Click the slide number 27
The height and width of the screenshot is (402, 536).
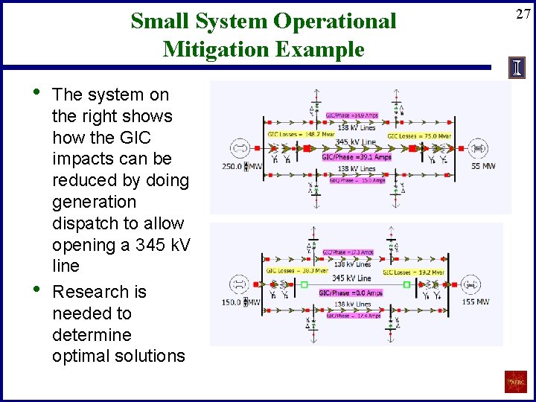coord(522,13)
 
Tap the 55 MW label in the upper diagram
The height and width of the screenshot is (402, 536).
coord(483,166)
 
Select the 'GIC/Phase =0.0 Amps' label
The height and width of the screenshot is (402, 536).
coord(351,293)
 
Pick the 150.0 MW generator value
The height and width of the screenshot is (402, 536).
coord(232,302)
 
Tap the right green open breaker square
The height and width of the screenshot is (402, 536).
coord(406,284)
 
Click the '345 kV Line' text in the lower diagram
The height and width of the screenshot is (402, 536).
coord(352,278)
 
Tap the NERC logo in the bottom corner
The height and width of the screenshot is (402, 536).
coord(515,382)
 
